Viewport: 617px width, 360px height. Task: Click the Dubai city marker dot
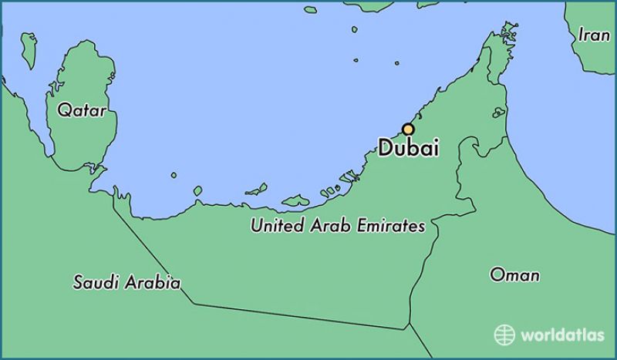408,130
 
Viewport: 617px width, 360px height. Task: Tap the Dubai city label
409,148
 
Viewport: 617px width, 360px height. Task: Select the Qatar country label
82,111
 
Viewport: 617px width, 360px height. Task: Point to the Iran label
594,35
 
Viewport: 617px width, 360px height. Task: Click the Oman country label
514,274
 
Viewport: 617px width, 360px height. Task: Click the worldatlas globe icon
504,334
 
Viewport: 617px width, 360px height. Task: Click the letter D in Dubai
385,148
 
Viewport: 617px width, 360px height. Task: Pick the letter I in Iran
582,35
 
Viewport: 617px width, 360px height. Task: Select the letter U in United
255,227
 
